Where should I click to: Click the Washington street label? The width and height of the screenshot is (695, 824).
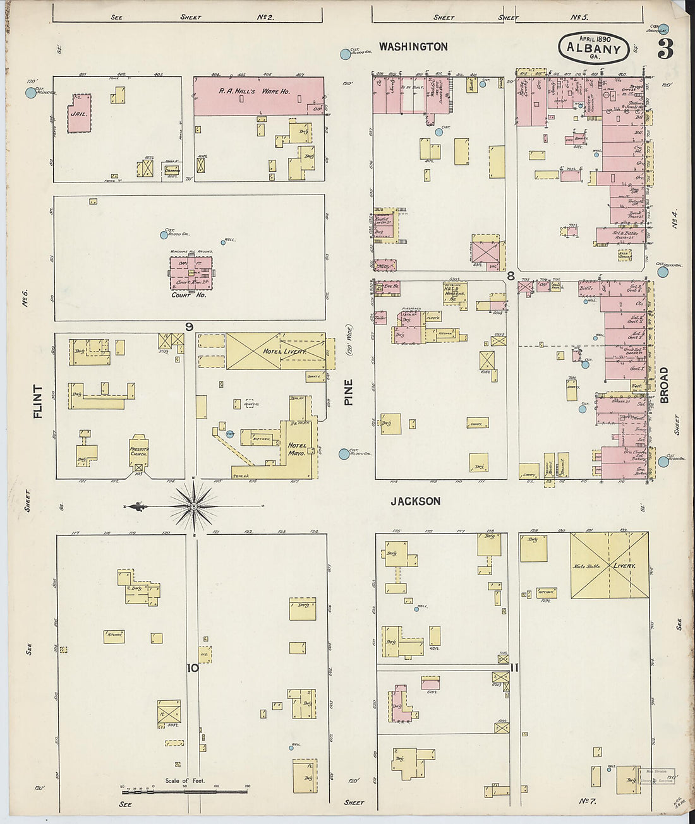click(x=413, y=47)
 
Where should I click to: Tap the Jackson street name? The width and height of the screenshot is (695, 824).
click(x=415, y=501)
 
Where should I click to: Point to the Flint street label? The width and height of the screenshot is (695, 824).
click(x=38, y=402)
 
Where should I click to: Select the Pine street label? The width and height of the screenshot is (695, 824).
click(x=349, y=392)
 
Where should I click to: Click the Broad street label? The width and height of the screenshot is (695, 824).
click(x=663, y=385)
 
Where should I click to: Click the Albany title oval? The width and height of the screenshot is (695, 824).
click(x=593, y=48)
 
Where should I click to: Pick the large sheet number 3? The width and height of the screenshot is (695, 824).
click(x=665, y=49)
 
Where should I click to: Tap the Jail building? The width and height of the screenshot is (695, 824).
click(x=79, y=114)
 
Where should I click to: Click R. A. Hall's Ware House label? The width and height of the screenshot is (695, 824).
click(x=255, y=92)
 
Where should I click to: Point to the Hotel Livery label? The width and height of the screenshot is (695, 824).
click(x=284, y=351)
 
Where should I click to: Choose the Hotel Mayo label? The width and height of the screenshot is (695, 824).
click(x=297, y=449)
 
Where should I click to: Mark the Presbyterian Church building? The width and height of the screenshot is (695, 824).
click(x=138, y=451)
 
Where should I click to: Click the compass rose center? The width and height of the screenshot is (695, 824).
click(x=194, y=506)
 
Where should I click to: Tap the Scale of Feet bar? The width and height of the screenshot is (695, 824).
click(x=184, y=791)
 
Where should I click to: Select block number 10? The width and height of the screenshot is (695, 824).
click(x=192, y=667)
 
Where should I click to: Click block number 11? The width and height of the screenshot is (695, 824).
click(x=514, y=667)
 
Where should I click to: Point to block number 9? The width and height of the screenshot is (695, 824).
click(x=189, y=326)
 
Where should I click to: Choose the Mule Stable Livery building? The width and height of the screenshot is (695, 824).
click(x=609, y=566)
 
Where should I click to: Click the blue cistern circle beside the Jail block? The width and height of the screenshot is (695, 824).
click(x=31, y=93)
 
